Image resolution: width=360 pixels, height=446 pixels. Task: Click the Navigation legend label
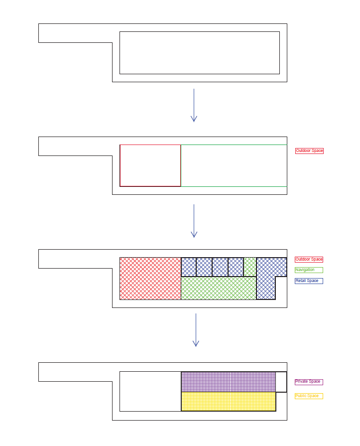tap(309, 270)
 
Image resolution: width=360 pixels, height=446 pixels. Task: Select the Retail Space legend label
tap(309, 281)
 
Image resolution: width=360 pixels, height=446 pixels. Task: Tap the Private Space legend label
tap(309, 382)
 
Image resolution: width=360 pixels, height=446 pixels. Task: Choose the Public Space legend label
tap(309, 396)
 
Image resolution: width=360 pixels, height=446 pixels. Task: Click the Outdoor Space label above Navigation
tap(309, 260)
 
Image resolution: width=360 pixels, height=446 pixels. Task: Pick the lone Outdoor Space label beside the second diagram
tap(309, 150)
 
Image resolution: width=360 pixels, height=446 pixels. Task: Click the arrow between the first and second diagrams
tap(194, 105)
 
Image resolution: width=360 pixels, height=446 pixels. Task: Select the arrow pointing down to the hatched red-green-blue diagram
tap(194, 220)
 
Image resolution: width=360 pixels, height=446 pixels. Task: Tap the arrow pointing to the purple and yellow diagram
tap(196, 330)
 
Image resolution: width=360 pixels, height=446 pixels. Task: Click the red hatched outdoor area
tap(150, 279)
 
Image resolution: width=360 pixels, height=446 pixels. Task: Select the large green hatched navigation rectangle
tap(218, 288)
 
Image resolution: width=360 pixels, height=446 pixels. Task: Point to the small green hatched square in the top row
tap(250, 267)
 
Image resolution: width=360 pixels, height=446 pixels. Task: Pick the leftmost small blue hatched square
tap(189, 267)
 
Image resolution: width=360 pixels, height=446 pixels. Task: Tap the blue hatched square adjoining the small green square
tap(236, 267)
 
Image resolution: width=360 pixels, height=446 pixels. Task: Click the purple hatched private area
tap(228, 382)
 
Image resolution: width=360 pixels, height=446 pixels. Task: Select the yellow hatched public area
tap(228, 401)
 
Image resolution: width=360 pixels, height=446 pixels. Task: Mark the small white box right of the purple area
tap(281, 382)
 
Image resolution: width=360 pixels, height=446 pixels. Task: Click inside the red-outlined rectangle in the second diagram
tap(150, 165)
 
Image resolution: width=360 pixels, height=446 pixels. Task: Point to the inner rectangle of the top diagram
tap(199, 53)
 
